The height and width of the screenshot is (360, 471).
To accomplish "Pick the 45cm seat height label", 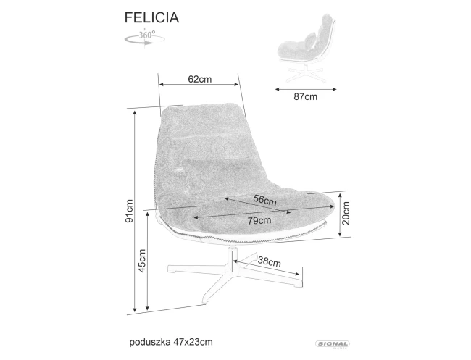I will point(143,261).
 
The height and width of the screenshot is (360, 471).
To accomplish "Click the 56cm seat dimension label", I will point(264,200).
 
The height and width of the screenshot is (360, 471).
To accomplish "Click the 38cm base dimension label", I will point(270,261).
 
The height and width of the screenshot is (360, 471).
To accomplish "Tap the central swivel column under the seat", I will point(232,256).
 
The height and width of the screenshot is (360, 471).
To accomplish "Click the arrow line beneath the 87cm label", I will point(307,90).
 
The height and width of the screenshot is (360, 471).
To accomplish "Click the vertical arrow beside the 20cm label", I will point(339,215).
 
